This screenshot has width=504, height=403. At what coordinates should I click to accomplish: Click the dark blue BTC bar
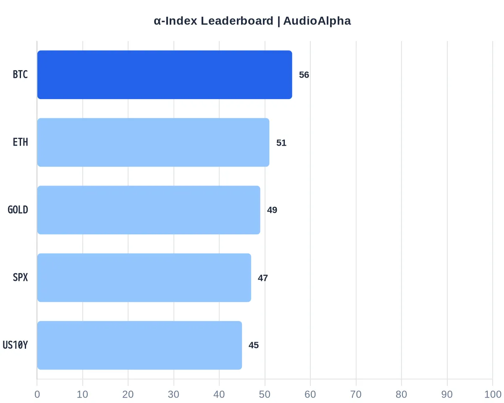click(165, 75)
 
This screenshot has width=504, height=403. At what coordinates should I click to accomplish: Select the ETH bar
click(153, 142)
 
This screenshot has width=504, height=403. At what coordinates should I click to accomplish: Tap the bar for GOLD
click(149, 210)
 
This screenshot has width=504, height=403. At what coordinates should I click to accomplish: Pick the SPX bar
click(144, 278)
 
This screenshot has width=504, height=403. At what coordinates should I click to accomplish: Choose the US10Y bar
click(139, 345)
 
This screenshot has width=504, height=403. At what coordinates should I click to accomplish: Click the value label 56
click(304, 75)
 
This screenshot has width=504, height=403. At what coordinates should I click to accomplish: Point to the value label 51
click(281, 143)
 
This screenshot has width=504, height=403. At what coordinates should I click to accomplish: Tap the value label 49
click(272, 210)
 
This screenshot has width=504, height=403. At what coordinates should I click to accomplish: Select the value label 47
click(263, 278)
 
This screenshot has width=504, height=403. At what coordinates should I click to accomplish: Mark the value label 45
click(254, 345)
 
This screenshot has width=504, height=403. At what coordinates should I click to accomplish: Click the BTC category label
click(21, 75)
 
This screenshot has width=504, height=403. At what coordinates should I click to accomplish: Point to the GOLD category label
click(18, 210)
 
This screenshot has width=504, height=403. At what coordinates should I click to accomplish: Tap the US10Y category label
click(15, 345)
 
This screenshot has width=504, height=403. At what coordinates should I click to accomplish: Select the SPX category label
click(21, 277)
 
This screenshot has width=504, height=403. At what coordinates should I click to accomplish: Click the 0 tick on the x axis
click(37, 395)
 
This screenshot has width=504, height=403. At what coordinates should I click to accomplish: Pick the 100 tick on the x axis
click(493, 395)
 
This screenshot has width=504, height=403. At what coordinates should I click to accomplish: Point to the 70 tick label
click(356, 395)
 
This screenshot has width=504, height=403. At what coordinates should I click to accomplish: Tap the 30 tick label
click(173, 395)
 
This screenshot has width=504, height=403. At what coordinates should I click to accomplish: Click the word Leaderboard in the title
click(237, 21)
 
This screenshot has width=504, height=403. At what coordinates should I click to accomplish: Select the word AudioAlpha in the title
click(317, 21)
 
